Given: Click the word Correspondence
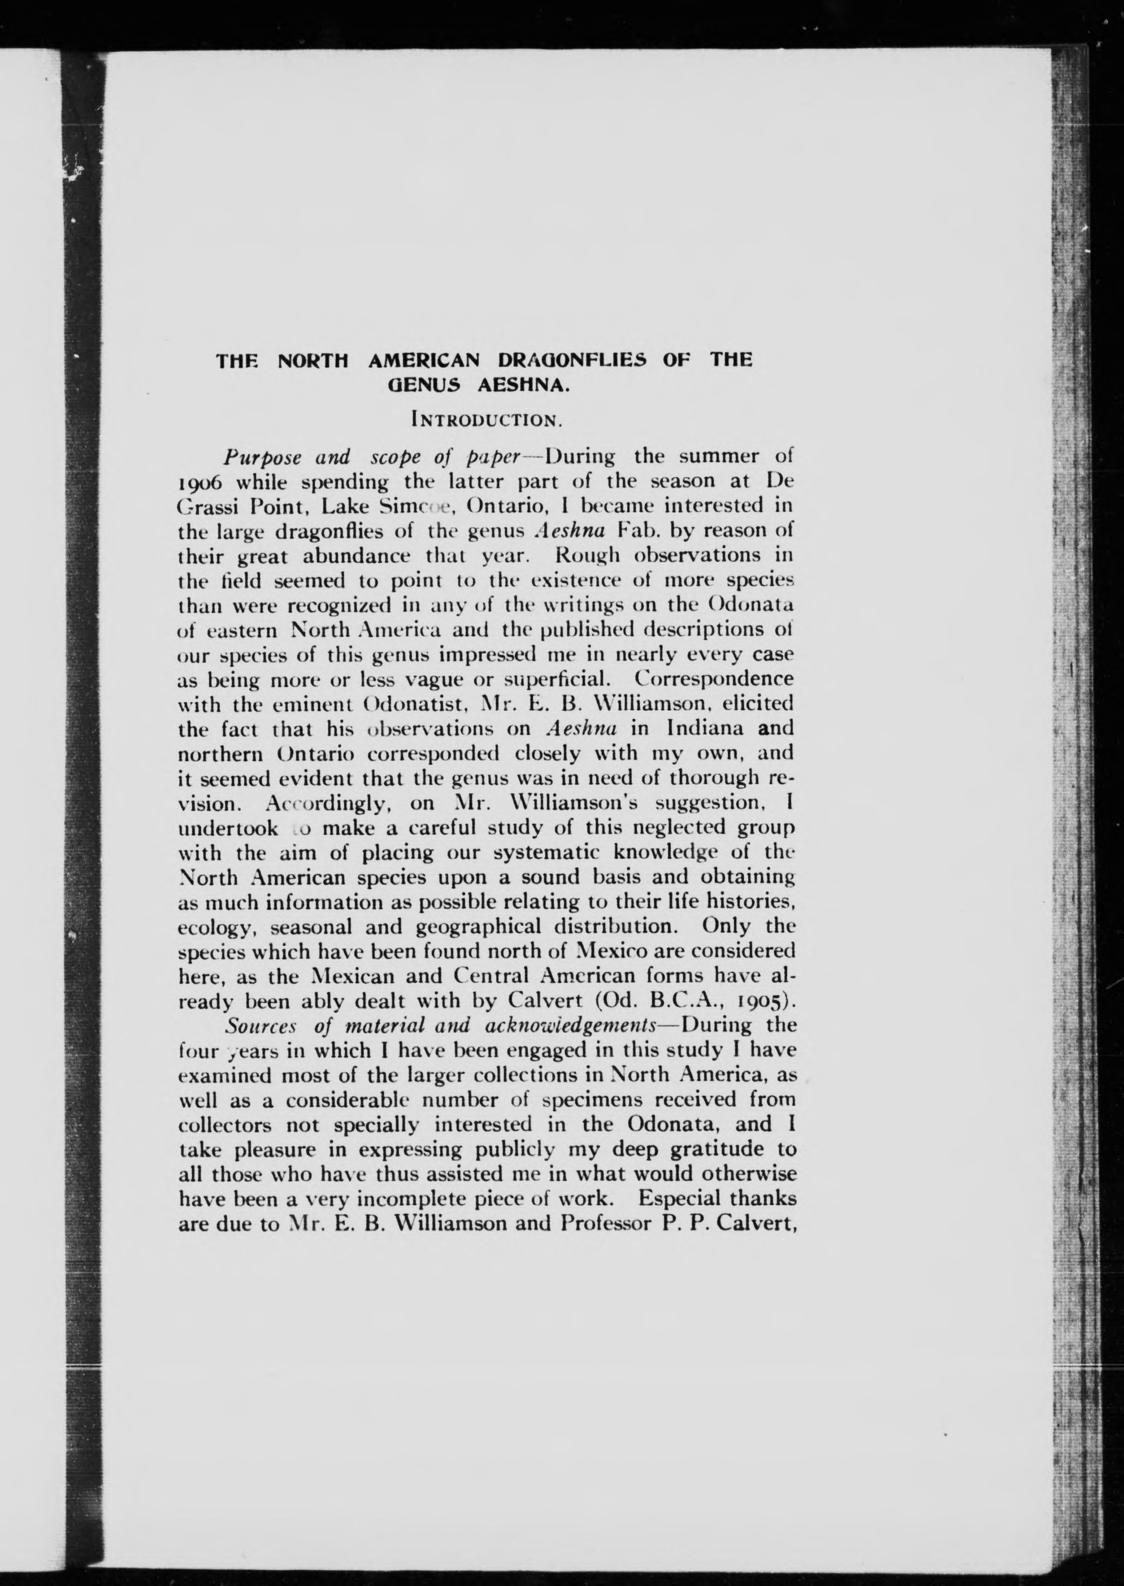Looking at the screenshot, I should coord(714,679).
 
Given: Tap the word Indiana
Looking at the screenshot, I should coord(709,728).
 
